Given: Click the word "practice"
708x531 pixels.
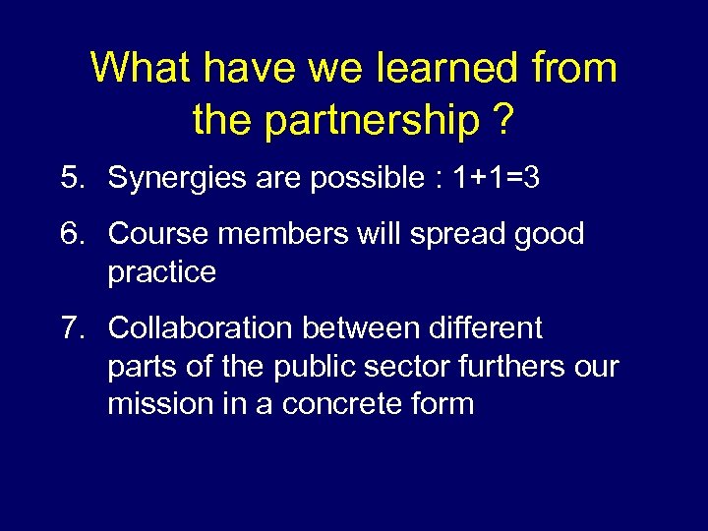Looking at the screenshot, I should click(161, 272).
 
